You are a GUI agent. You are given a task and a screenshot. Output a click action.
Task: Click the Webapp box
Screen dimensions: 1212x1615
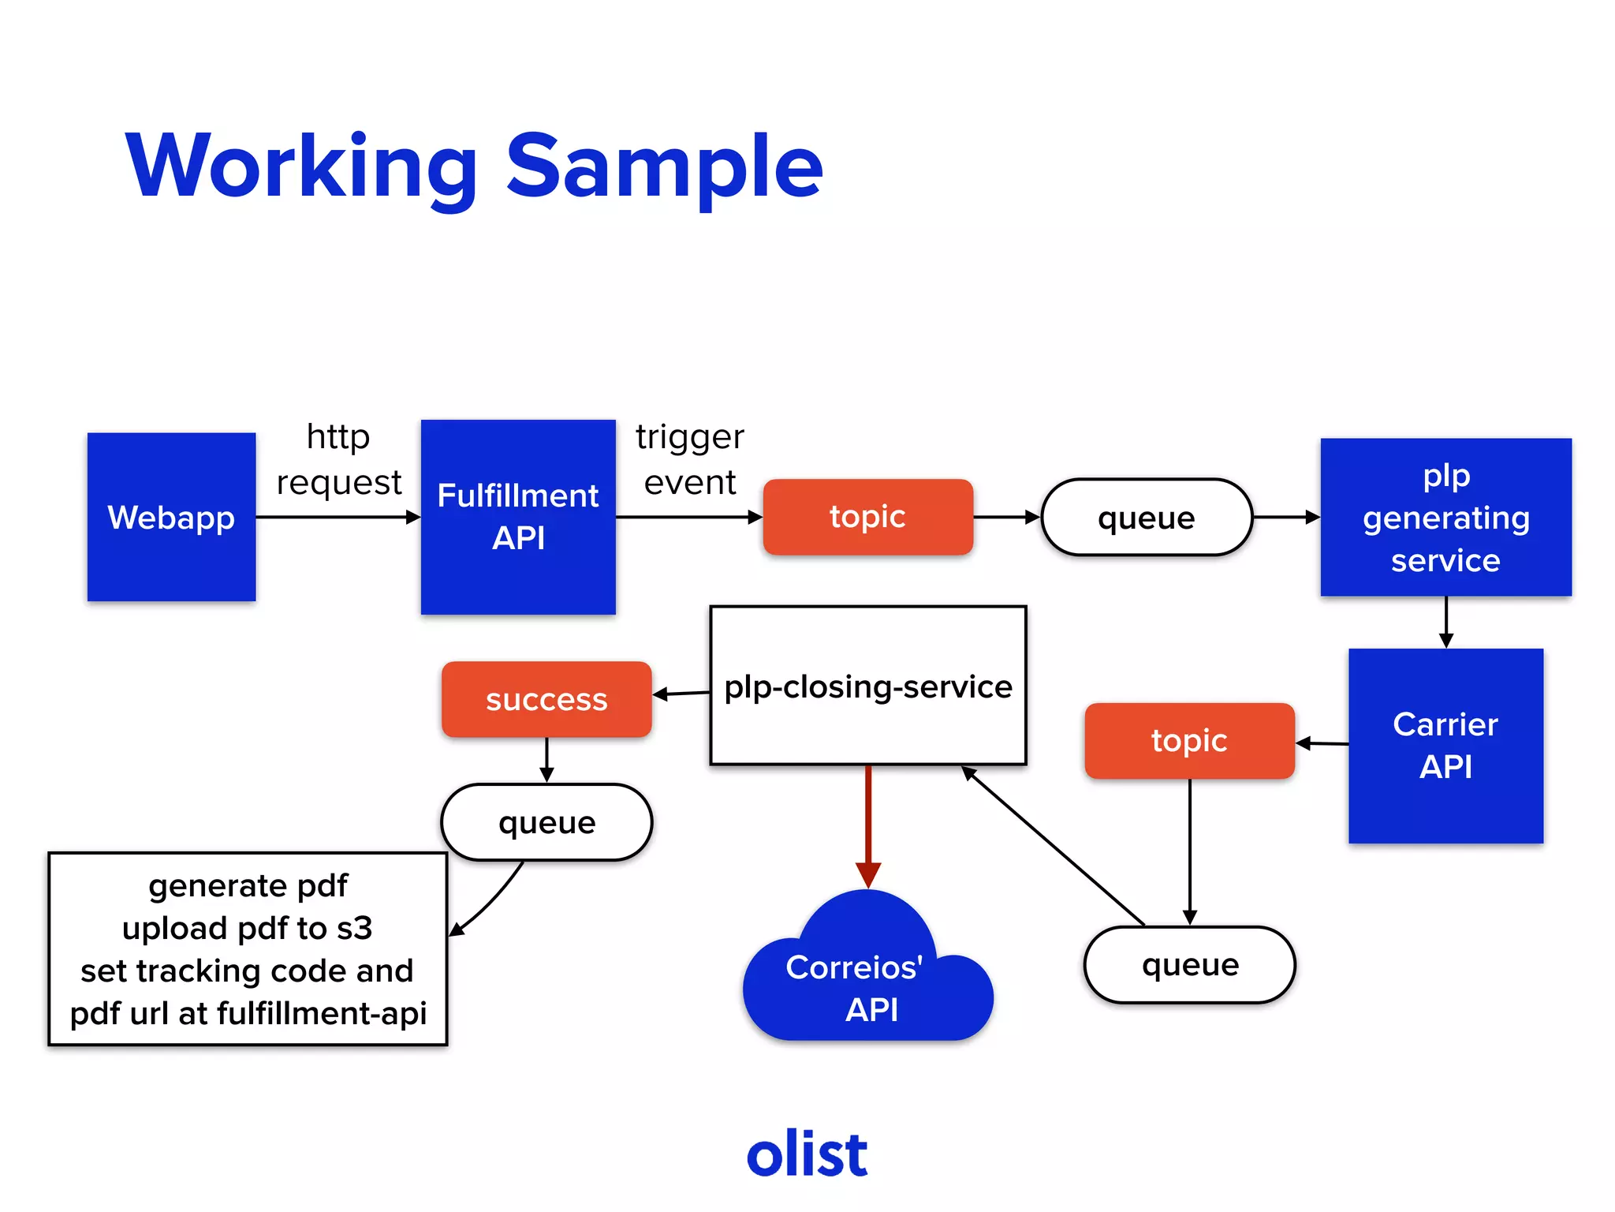pyautogui.click(x=171, y=517)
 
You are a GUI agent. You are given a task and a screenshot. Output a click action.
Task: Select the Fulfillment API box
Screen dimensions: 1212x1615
pyautogui.click(x=518, y=517)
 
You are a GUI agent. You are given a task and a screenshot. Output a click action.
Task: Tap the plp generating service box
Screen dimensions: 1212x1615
pyautogui.click(x=1445, y=517)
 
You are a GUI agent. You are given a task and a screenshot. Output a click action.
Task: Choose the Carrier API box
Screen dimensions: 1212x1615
pyautogui.click(x=1445, y=746)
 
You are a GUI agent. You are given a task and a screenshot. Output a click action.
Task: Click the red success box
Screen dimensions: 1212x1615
pyautogui.click(x=546, y=699)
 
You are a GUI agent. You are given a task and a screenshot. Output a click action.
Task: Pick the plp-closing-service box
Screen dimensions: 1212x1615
pyautogui.click(x=867, y=686)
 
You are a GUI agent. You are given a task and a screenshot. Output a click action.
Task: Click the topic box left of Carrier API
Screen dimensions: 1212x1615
pyautogui.click(x=1189, y=741)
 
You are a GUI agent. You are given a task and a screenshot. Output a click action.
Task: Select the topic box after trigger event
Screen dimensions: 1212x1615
pyautogui.click(x=867, y=517)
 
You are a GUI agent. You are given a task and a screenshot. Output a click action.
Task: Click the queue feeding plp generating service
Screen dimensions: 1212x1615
pyautogui.click(x=1146, y=518)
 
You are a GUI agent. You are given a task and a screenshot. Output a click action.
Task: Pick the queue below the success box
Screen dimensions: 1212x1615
pyautogui.click(x=546, y=822)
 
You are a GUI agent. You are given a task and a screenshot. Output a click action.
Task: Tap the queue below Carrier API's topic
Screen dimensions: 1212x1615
pyautogui.click(x=1189, y=964)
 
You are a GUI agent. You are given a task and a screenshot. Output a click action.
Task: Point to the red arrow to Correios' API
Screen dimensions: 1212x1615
pyautogui.click(x=868, y=821)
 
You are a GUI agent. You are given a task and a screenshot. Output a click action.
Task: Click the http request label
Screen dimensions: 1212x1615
pyautogui.click(x=338, y=459)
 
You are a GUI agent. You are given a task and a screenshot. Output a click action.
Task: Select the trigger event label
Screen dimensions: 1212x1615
pyautogui.click(x=689, y=459)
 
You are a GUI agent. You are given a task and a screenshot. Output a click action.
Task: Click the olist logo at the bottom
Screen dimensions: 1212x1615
pyautogui.click(x=807, y=1154)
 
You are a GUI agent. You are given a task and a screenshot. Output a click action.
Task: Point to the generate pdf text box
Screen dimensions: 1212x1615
pyautogui.click(x=248, y=948)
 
